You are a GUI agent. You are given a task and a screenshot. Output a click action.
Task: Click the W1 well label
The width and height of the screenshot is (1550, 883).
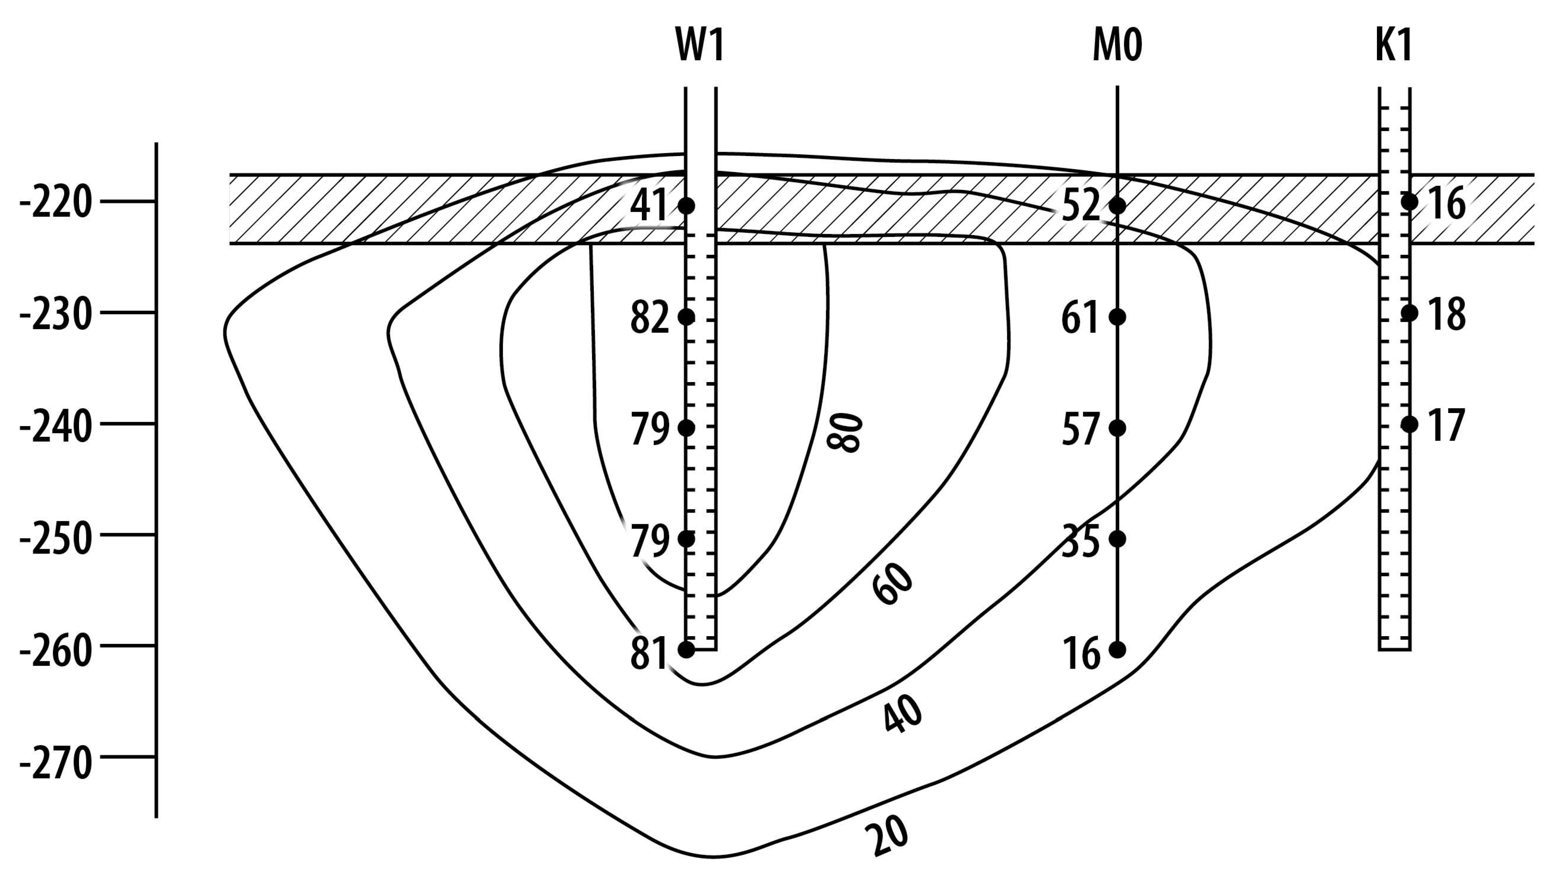pos(700,46)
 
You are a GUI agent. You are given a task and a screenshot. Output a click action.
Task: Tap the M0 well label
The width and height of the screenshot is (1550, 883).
pos(1117,46)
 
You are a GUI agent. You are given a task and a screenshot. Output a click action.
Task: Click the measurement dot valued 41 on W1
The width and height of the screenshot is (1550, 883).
pos(686,206)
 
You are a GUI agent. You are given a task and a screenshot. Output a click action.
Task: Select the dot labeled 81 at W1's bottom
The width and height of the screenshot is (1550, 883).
pos(686,650)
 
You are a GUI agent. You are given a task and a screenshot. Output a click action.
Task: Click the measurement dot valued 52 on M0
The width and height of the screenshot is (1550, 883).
pos(1117,206)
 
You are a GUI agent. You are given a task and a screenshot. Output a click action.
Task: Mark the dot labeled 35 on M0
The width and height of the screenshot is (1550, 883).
pos(1117,538)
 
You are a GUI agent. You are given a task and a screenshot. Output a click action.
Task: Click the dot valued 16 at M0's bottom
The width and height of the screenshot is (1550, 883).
pos(1117,650)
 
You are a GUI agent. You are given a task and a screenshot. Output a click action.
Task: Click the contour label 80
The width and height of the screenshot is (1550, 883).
pos(845,432)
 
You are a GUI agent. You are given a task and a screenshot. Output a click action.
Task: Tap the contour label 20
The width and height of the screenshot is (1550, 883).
pos(887,835)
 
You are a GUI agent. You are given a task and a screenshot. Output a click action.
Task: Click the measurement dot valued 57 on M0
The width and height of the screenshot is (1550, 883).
pos(1117,428)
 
